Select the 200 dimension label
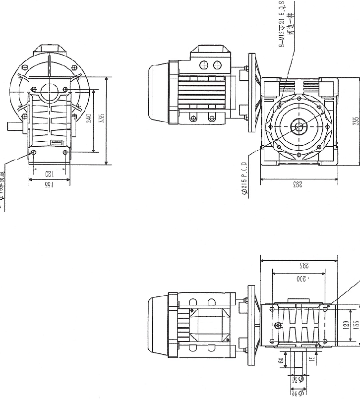300,279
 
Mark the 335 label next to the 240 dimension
102,121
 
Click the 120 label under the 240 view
49,173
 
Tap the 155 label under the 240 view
49,185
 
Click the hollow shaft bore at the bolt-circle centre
300,127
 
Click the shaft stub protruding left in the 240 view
13,125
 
